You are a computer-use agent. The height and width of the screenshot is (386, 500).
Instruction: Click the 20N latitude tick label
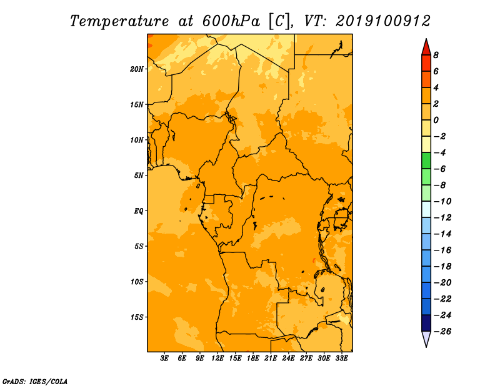(136, 69)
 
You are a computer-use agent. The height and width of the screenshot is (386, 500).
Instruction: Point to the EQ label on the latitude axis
(139, 211)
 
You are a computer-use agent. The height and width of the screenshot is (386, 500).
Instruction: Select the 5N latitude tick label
(139, 176)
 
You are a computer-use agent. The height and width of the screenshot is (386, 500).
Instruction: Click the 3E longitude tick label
(164, 358)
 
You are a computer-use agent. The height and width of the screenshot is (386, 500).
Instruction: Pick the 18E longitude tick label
(253, 358)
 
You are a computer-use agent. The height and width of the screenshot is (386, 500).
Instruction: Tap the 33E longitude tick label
(341, 358)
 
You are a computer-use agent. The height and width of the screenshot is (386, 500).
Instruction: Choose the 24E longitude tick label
(288, 358)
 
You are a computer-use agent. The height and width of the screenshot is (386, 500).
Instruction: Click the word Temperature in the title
(119, 21)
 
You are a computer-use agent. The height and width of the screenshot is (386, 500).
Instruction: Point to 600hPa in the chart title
(231, 21)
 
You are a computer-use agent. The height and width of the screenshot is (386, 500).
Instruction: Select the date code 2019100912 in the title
(383, 21)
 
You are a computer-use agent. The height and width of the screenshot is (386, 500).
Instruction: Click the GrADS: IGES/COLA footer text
(35, 381)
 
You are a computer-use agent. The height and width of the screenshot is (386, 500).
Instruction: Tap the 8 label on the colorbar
(436, 55)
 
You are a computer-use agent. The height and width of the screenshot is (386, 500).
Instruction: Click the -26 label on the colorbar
(442, 332)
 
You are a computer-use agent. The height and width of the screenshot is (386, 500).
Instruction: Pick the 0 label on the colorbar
(436, 120)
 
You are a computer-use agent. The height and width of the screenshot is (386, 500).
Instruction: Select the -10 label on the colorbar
(442, 202)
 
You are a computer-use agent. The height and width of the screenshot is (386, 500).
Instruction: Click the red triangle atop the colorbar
(426, 47)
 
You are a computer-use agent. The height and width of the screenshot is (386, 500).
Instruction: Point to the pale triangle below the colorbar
(426, 339)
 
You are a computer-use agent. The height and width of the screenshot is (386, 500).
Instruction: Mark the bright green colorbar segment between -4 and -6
(426, 161)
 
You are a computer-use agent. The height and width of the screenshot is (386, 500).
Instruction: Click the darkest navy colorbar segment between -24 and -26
(426, 323)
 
